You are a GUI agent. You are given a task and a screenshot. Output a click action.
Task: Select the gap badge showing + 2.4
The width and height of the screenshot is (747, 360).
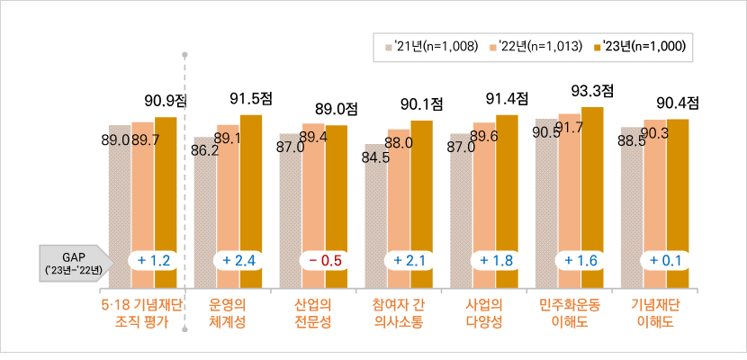(x=239, y=261)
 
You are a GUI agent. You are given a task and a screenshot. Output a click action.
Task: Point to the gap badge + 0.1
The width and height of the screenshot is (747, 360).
(x=665, y=261)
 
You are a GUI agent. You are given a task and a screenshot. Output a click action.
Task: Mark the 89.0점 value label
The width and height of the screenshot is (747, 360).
(x=337, y=109)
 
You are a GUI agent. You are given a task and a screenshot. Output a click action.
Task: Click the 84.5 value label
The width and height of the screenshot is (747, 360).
(x=375, y=157)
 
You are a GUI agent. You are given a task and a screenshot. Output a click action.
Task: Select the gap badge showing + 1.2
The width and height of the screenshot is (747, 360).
(x=155, y=261)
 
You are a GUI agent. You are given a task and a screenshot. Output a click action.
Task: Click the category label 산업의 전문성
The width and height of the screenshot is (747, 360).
(x=312, y=312)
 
